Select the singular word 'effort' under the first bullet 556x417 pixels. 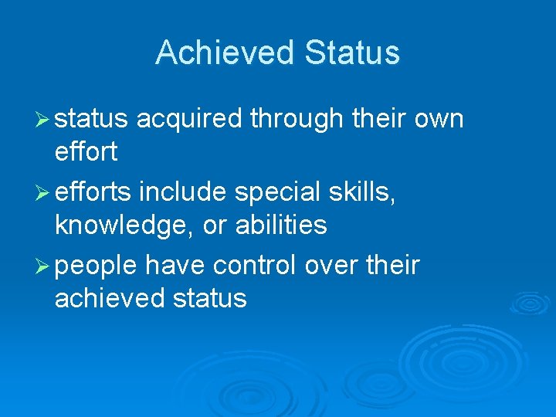coord(86,152)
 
